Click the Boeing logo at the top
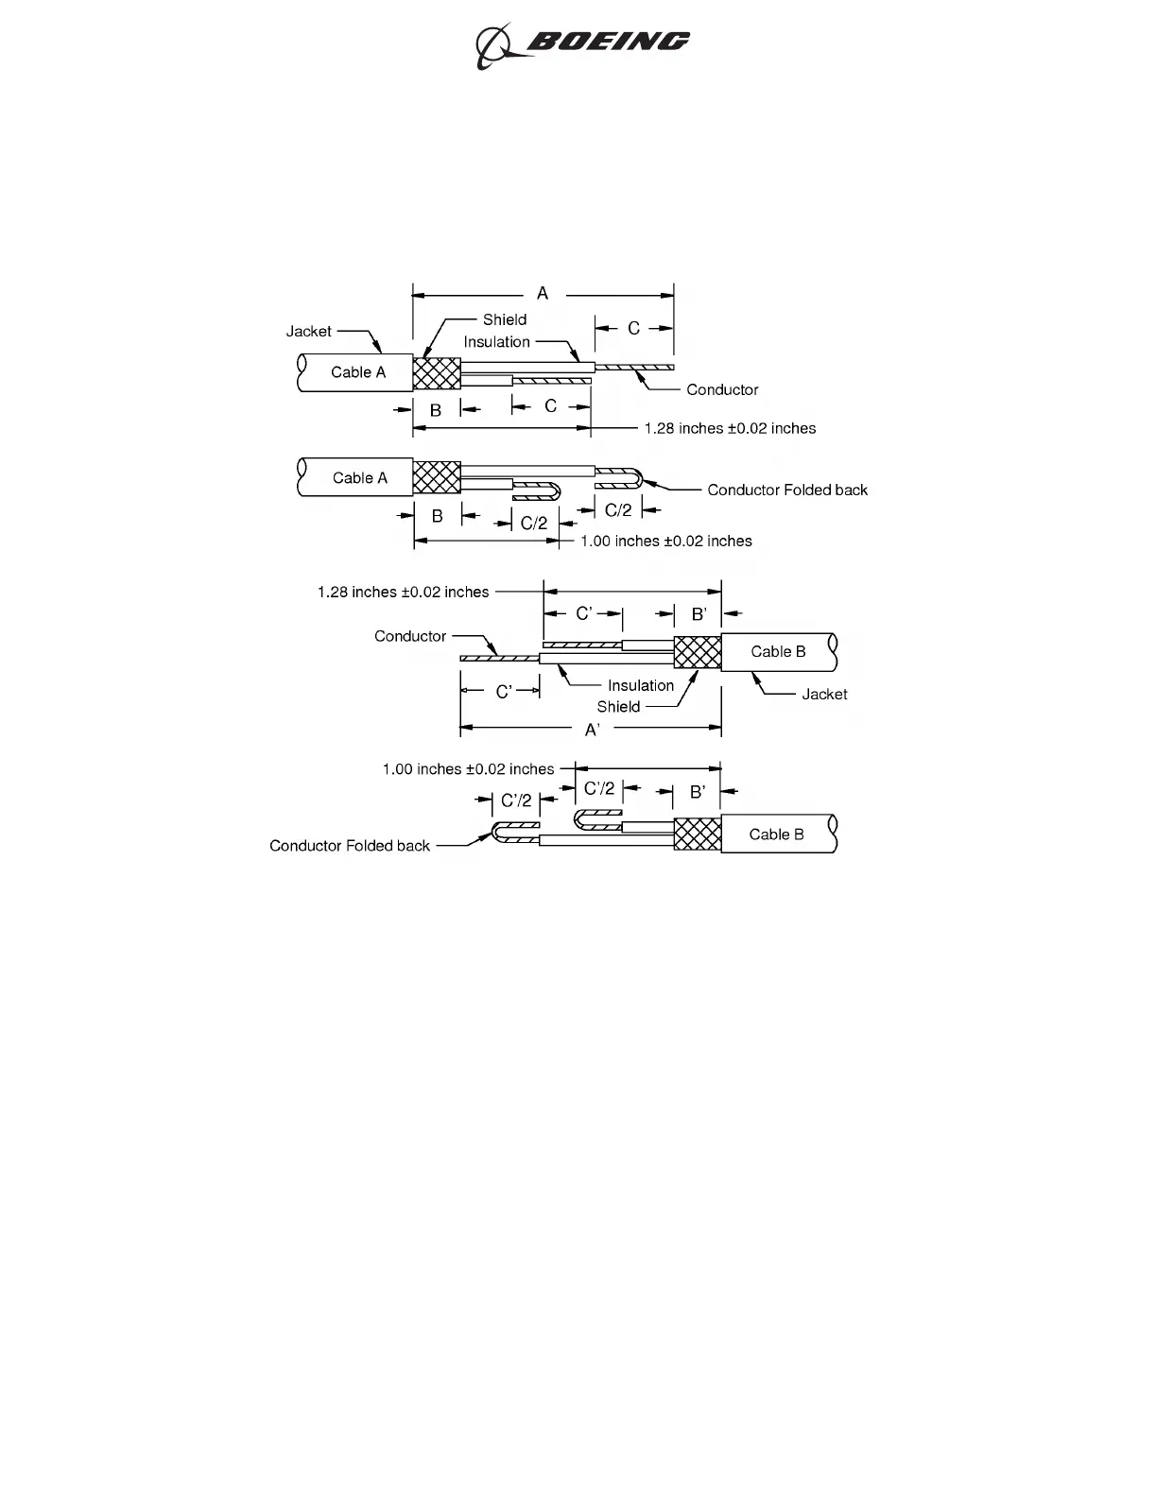pos(582,43)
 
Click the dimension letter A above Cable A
pos(543,294)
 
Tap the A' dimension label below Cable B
pos(593,730)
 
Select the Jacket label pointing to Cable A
pos(309,331)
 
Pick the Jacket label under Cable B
pos(824,694)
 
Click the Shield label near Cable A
pos(505,319)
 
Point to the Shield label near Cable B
pos(618,707)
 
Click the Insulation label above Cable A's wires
pos(497,342)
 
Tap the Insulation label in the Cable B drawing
pos(641,685)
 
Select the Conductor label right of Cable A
pos(722,389)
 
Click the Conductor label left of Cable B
pos(410,636)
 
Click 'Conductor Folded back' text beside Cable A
pos(787,490)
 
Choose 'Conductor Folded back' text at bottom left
pos(350,846)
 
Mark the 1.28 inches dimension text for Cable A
pos(730,428)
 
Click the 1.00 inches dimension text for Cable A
pos(666,542)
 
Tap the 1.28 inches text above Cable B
pos(404,593)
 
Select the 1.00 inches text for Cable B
pos(468,769)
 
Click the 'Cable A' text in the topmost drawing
pos(358,372)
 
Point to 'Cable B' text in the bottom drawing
pos(776,835)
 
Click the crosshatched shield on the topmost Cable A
pos(437,372)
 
